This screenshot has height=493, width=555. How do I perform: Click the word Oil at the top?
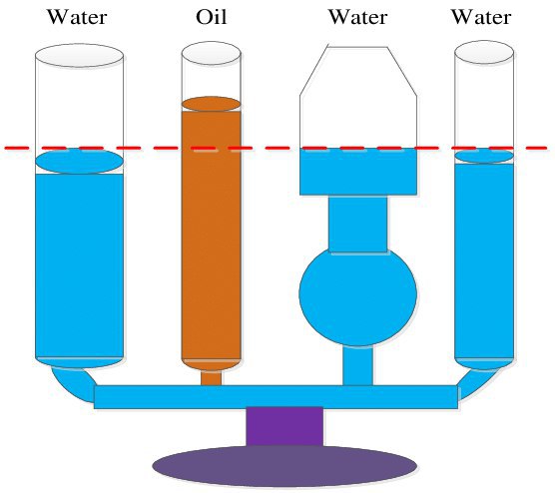(212, 17)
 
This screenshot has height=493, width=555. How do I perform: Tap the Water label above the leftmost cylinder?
(77, 17)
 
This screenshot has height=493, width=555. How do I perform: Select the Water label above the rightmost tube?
(481, 17)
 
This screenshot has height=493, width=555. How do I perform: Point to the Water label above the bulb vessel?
(357, 17)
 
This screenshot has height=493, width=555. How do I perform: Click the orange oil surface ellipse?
(212, 104)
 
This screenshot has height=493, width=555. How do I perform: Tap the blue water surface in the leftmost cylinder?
(79, 161)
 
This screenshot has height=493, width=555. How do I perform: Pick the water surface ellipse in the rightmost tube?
(484, 156)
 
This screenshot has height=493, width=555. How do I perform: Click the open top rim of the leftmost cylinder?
(79, 56)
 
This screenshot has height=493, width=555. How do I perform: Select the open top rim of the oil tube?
(212, 54)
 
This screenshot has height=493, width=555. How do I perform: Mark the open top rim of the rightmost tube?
(484, 52)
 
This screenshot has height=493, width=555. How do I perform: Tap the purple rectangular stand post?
(284, 426)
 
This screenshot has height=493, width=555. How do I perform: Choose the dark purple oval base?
(284, 466)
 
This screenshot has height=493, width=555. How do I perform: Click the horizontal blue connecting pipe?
(276, 397)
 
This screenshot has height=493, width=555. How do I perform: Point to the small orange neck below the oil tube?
(212, 378)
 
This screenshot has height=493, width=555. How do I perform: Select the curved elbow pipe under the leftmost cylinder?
(74, 384)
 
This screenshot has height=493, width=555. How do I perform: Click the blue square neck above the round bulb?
(357, 224)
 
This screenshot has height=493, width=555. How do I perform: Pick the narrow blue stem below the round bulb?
(357, 365)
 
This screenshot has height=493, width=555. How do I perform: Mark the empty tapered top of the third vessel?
(357, 96)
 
